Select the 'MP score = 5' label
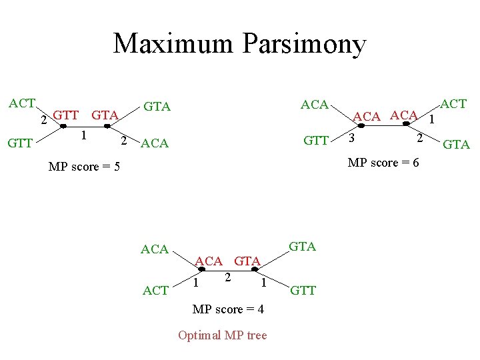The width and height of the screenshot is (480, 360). (84, 166)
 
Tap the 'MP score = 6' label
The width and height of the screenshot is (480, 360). (383, 162)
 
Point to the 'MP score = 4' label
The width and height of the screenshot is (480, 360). (227, 309)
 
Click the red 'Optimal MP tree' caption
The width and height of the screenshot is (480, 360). (222, 335)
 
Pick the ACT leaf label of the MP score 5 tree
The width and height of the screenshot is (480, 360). (22, 103)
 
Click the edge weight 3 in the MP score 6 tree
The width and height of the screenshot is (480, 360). (352, 138)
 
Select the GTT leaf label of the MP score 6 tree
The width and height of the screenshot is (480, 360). (315, 141)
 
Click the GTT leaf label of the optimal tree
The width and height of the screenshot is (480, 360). (303, 291)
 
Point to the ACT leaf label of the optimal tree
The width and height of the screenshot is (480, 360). (155, 291)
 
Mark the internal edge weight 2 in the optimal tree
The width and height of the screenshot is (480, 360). (228, 276)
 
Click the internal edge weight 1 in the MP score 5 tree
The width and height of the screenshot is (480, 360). (83, 135)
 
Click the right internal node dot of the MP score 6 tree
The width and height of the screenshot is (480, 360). (405, 124)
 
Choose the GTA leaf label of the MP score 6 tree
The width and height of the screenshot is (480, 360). (457, 144)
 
